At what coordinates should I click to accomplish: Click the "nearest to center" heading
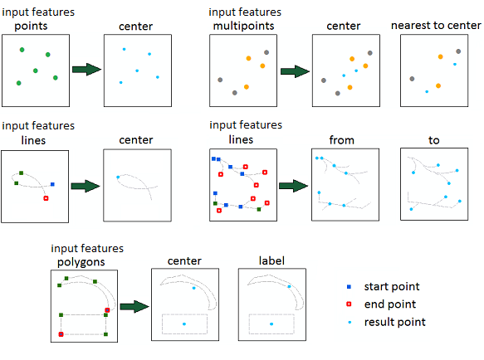pos(436,25)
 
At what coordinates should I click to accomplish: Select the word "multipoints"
pos(243,26)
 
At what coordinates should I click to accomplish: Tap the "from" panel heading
pos(342,140)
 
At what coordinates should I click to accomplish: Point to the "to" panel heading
pos(433,140)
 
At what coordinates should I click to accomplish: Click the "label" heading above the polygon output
pos(271,260)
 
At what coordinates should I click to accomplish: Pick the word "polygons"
pos(81,262)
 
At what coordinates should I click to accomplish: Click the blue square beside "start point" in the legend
pos(350,287)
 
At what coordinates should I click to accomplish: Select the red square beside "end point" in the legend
pos(350,304)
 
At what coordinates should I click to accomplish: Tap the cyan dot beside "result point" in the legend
pos(350,322)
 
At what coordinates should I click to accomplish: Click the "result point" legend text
pos(395,322)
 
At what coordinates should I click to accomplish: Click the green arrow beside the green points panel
pos(86,70)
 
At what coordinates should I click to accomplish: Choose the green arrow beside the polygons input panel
pos(134,307)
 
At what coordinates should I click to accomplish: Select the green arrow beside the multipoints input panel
pos(295,71)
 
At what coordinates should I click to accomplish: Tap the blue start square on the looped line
pos(52,184)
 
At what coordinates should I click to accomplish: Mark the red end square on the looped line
pos(46,198)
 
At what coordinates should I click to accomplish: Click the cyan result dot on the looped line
pos(118,177)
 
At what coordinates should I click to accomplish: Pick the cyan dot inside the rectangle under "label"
pos(271,324)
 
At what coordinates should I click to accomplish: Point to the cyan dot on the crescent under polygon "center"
pos(193,288)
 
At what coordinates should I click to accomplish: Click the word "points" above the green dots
pos(31,27)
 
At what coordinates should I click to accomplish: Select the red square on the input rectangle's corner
pos(61,334)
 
